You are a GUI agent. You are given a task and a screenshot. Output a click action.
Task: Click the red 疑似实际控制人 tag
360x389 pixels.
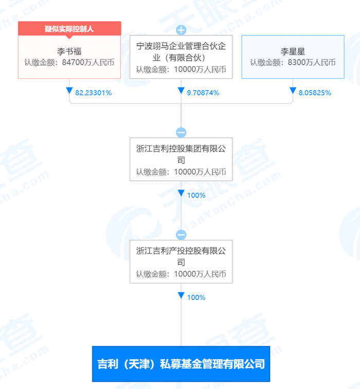coord(69,28)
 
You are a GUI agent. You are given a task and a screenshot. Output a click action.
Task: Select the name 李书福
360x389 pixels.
coord(69,51)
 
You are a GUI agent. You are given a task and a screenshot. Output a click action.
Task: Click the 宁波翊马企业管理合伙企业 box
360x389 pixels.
coord(181,57)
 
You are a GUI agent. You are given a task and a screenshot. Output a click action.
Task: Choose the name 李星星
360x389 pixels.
coord(293,51)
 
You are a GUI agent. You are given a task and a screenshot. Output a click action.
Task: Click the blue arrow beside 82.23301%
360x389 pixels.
coord(69,91)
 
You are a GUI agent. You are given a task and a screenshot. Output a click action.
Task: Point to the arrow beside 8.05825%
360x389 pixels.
coord(293,91)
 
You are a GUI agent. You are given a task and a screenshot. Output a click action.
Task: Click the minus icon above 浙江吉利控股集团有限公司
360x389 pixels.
coord(181,132)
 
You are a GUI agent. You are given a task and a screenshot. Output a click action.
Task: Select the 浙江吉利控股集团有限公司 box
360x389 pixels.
coord(181,159)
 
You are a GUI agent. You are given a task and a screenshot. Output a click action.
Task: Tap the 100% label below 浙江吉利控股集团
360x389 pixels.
coord(196,195)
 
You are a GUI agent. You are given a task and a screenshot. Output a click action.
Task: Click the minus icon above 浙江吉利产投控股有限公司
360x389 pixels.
coord(181,235)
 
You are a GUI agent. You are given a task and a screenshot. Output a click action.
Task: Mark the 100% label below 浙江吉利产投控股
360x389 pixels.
coord(196,298)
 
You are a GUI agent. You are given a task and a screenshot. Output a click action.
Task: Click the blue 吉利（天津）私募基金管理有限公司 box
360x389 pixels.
coord(181,364)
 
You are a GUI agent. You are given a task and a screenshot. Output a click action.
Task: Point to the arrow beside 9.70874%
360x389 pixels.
coord(181,91)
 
